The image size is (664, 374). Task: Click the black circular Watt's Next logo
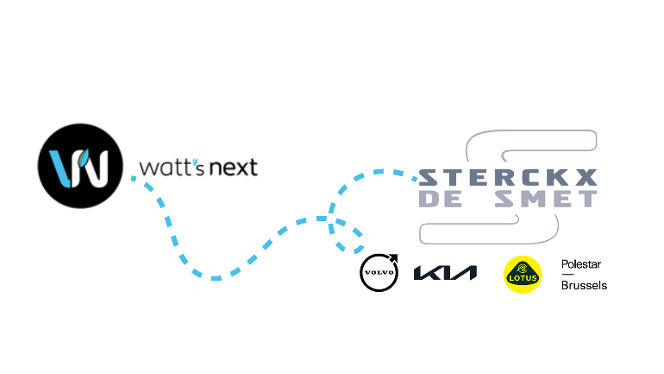pyautogui.click(x=80, y=166)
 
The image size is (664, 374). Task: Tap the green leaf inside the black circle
pyautogui.click(x=83, y=158)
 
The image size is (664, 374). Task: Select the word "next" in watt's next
pyautogui.click(x=234, y=168)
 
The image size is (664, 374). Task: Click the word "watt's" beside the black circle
pyautogui.click(x=172, y=168)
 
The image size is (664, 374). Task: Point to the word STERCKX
pyautogui.click(x=508, y=178)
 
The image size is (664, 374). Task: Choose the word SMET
pyautogui.click(x=546, y=199)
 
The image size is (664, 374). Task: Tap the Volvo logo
pyautogui.click(x=379, y=273)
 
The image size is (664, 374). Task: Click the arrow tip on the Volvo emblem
pyautogui.click(x=397, y=256)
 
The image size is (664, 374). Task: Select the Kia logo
pyautogui.click(x=445, y=273)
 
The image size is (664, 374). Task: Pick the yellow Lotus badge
pyautogui.click(x=523, y=275)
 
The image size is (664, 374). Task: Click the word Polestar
pyautogui.click(x=581, y=264)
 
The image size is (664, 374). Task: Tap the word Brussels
pyautogui.click(x=584, y=285)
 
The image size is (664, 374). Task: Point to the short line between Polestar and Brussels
pyautogui.click(x=567, y=275)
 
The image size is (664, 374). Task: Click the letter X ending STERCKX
pyautogui.click(x=586, y=178)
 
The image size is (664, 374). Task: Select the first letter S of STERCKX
pyautogui.click(x=429, y=178)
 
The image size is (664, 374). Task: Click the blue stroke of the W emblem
pyautogui.click(x=60, y=168)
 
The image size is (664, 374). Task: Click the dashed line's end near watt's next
pyautogui.click(x=134, y=179)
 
